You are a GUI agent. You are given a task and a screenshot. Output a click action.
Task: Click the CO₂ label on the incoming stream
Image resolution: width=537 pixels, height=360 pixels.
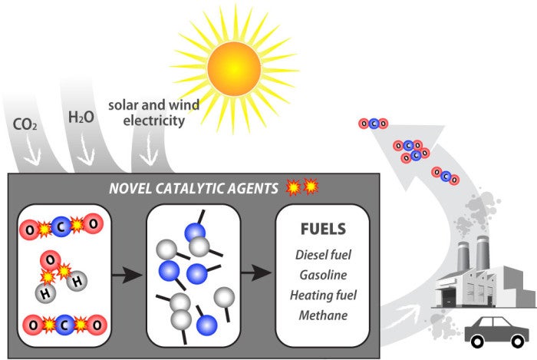click(x=25, y=124)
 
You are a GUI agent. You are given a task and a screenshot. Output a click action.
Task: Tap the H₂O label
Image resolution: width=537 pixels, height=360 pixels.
click(x=81, y=117)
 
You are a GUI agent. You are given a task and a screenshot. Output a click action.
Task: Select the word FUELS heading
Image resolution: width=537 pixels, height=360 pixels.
click(x=323, y=229)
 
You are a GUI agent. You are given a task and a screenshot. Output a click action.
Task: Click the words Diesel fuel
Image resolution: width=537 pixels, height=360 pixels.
click(x=323, y=255)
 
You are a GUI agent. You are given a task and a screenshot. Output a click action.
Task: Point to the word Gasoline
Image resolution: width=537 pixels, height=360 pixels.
click(x=323, y=275)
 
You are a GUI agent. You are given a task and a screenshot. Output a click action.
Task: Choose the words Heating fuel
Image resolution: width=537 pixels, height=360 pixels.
click(x=323, y=295)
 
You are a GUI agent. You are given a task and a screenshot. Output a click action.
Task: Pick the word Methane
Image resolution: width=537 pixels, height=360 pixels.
click(x=323, y=315)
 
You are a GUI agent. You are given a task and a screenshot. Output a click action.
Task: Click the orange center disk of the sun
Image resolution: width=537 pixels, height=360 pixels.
click(x=234, y=68)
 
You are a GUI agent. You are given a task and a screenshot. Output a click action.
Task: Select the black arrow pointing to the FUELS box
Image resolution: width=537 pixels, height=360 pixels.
click(x=256, y=272)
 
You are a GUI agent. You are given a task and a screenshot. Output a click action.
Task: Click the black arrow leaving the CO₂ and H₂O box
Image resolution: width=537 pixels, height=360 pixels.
click(x=127, y=274)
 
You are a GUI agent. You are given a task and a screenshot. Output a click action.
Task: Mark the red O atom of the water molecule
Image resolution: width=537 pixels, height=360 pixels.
click(x=51, y=261)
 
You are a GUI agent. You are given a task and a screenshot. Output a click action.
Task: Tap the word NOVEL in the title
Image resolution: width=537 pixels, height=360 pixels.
click(x=130, y=188)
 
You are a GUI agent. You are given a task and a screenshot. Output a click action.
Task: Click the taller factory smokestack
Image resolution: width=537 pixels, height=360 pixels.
click(x=483, y=253)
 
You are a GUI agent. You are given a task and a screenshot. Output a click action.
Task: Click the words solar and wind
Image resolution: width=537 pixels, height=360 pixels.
click(x=153, y=105)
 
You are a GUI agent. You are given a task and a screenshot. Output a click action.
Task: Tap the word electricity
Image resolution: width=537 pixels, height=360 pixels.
click(x=153, y=121)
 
